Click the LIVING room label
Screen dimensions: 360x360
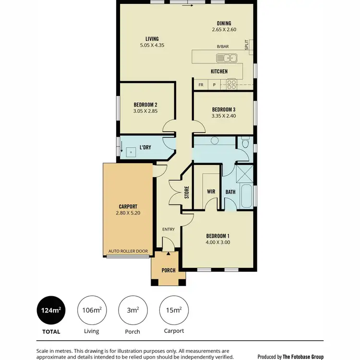point(152,39)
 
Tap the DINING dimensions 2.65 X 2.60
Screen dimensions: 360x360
point(224,30)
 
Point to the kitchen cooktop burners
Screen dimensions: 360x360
point(232,84)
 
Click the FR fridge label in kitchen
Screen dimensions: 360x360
point(201,84)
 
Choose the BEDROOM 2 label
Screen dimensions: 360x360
point(145,105)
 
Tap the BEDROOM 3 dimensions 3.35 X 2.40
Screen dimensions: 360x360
point(224,116)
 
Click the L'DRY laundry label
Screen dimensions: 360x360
point(145,147)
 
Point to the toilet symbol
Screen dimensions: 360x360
point(245,143)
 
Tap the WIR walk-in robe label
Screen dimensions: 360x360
point(210,192)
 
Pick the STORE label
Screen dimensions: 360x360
point(187,192)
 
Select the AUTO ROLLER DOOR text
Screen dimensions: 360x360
point(128,252)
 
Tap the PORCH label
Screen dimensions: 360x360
point(168,270)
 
